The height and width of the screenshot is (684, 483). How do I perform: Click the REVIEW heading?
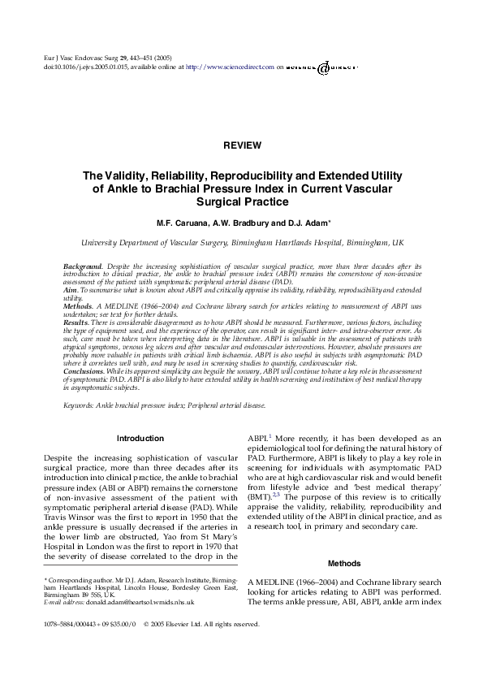(241, 145)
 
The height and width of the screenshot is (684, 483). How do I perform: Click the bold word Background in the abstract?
(83, 266)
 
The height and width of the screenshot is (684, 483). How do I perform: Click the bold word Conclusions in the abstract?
(84, 370)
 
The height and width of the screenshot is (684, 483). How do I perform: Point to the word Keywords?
(80, 404)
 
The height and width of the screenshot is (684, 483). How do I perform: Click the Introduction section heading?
(140, 439)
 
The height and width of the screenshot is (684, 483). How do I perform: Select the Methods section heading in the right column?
(343, 563)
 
